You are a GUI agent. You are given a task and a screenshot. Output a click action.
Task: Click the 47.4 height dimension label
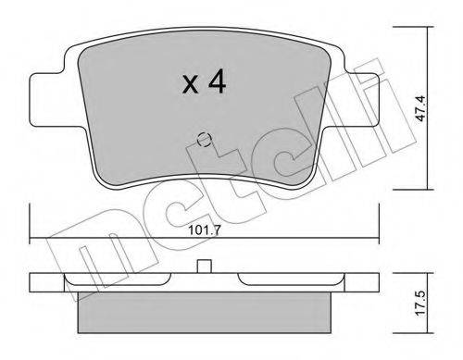[421, 108]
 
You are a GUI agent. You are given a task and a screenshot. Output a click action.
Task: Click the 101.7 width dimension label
[205, 230]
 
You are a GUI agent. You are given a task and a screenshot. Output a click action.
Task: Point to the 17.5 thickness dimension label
[421, 303]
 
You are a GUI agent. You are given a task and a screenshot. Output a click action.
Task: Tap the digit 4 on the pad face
[218, 81]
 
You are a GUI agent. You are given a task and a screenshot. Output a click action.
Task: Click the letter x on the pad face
[190, 85]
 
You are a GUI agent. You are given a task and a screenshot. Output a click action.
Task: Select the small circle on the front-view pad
[204, 140]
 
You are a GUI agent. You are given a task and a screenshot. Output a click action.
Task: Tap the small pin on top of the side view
[204, 266]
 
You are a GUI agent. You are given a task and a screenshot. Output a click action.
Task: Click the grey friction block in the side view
[204, 313]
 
